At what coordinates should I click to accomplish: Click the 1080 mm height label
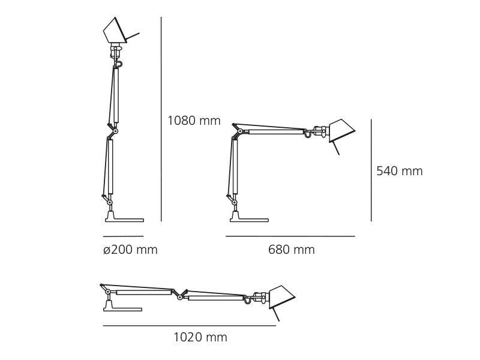pos(194,121)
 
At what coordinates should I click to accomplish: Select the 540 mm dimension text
pos(399,171)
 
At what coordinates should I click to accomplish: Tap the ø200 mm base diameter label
pos(130,250)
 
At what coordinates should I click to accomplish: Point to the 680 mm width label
pos(291,250)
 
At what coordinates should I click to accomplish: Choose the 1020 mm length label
pos(200,337)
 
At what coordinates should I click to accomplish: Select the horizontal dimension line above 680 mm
pos(290,236)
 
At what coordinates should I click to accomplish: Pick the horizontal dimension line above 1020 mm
pos(189,326)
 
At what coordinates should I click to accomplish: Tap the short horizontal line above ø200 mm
pos(123,236)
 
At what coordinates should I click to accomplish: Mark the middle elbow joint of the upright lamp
pos(115,130)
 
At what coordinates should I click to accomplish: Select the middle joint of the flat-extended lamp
pos(178,294)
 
